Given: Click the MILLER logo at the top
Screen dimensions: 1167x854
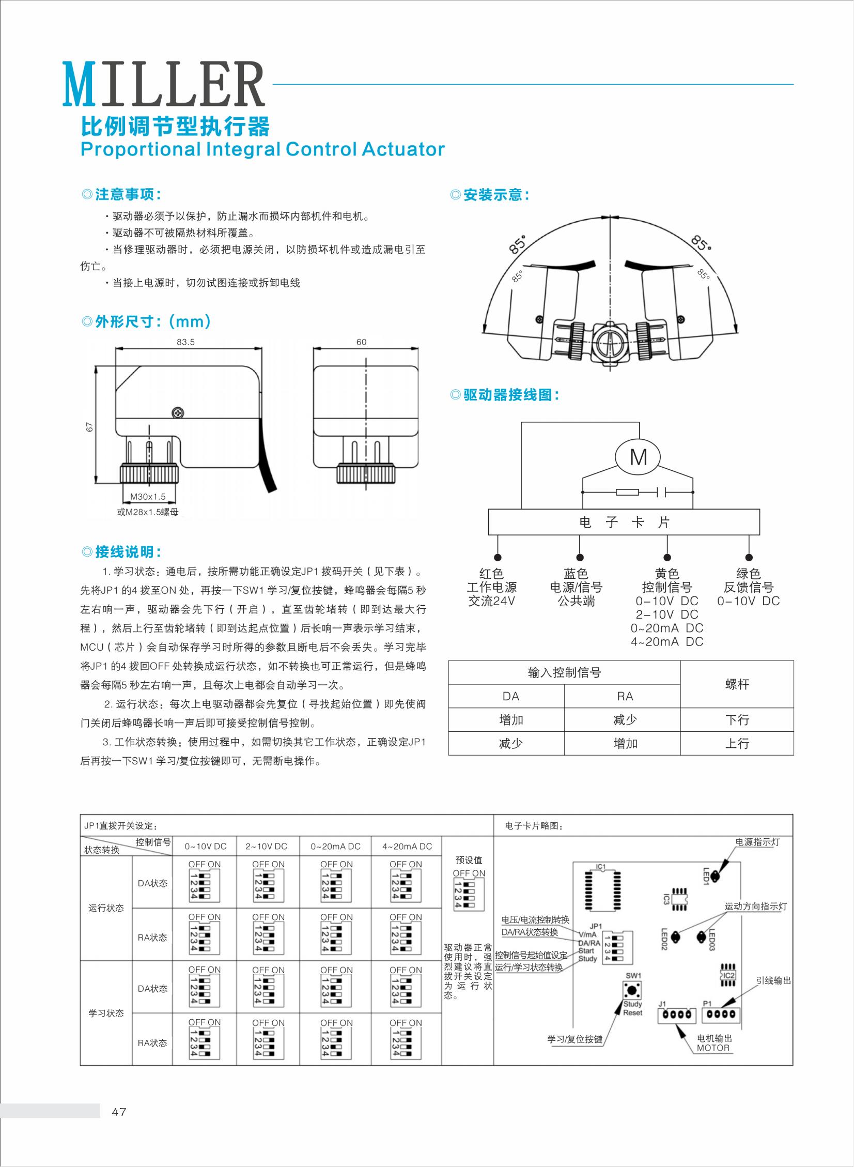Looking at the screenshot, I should coord(163,84).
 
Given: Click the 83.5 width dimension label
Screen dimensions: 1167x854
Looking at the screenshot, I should coord(185,342).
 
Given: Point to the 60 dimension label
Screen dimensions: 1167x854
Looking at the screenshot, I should coord(361,342).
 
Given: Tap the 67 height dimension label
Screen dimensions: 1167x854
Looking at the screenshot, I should coord(89,426).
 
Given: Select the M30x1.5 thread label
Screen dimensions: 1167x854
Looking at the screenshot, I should coord(148,496).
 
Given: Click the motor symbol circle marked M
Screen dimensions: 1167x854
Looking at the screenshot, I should coord(639,456).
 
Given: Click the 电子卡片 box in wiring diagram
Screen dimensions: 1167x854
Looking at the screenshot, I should coord(624,522).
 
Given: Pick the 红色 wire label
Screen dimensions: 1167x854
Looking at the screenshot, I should coord(491,573).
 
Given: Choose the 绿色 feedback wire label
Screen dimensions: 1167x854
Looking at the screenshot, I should coord(748,573).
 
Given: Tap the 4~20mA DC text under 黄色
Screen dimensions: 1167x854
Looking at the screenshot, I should coord(666,642).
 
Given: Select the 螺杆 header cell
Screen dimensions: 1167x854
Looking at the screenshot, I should coord(737,684).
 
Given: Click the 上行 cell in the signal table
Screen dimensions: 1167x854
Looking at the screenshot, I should coord(737,743).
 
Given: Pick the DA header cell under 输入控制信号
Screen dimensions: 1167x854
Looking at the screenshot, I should coord(510,696).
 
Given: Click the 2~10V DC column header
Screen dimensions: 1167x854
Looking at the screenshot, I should coord(266,847).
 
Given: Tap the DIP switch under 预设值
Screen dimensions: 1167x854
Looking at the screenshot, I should coord(469,895).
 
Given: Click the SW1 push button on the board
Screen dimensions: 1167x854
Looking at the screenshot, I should coord(632,990).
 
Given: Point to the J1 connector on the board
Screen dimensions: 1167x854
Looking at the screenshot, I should coord(676,1015).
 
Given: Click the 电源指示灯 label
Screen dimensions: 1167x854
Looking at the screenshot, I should coord(757,842).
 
